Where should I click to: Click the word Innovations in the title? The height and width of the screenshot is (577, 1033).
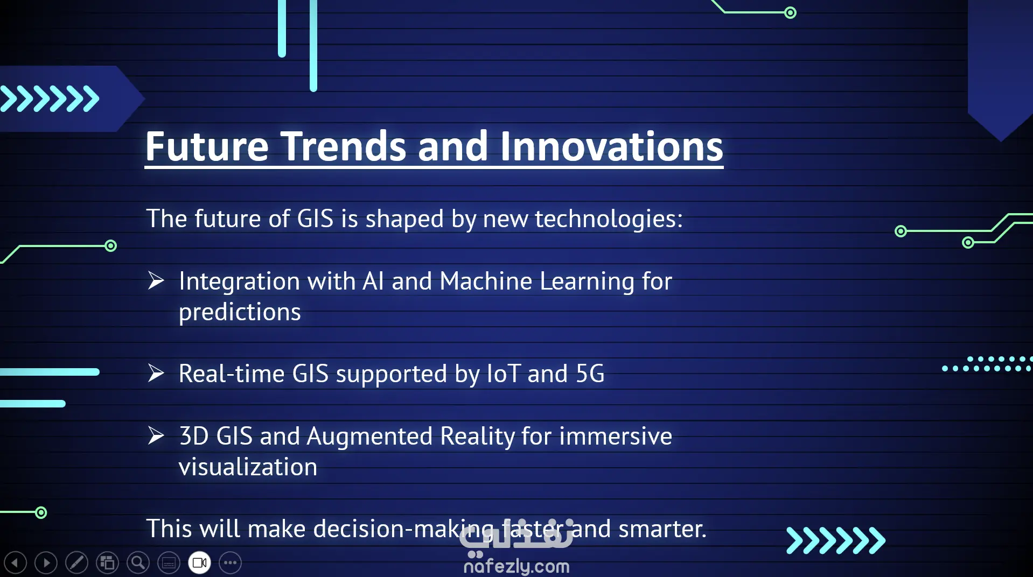click(611, 146)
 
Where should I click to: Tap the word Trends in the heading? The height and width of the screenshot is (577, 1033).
click(343, 146)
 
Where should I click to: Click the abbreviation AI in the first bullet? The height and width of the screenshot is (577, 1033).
click(373, 281)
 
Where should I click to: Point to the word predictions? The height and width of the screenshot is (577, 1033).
click(240, 313)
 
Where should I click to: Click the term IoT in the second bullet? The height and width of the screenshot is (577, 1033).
click(503, 374)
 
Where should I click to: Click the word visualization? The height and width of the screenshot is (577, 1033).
click(248, 467)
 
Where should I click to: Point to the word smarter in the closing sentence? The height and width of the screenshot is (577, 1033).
click(662, 529)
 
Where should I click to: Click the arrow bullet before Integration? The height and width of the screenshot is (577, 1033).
click(156, 280)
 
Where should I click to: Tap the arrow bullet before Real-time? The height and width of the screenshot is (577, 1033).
click(156, 373)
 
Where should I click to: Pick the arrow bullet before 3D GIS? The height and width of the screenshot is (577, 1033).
click(156, 435)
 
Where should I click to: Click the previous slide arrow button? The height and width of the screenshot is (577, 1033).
click(15, 563)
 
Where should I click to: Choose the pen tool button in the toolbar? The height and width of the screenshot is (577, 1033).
click(76, 563)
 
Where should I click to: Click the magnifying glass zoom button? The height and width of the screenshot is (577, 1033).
click(138, 563)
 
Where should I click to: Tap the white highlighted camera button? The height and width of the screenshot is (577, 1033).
click(199, 563)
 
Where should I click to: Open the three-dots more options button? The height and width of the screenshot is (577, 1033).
click(231, 563)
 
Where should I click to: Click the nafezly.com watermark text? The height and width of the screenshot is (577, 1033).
click(516, 566)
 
